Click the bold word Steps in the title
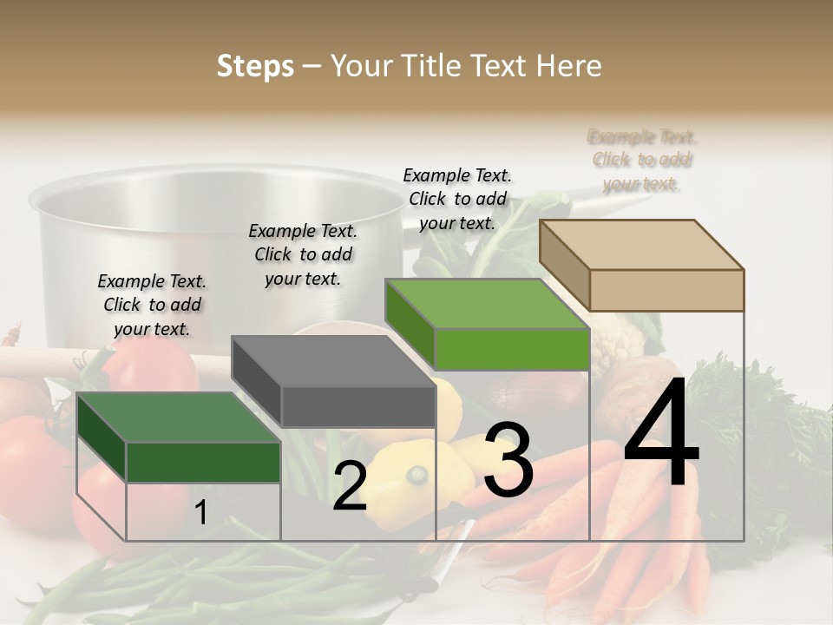[255, 66]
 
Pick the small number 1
[200, 513]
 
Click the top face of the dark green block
[178, 418]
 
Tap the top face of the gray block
[333, 361]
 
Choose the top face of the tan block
[642, 245]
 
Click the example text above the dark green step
[152, 305]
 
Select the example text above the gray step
[303, 254]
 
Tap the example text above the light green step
[457, 199]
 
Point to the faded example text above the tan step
[642, 161]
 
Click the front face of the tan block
[666, 290]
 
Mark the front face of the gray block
[357, 406]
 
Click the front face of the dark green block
[203, 462]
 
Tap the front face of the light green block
[512, 349]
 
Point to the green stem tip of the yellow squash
[419, 474]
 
